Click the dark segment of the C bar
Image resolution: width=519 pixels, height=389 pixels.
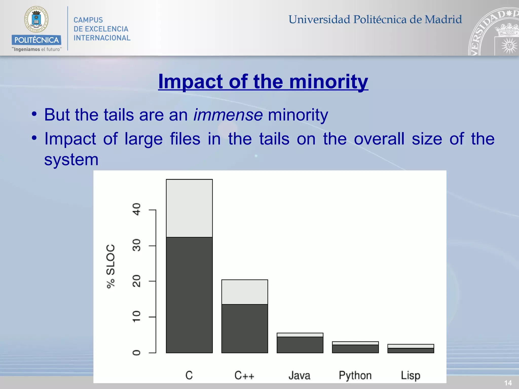click(189, 295)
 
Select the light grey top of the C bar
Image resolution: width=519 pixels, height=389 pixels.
click(189, 208)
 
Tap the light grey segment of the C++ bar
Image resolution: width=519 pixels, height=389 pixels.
click(245, 292)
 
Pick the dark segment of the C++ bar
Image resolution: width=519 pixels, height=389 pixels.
click(245, 328)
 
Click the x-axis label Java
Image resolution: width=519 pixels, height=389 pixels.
click(300, 375)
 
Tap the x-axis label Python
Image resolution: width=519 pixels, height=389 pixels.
click(355, 375)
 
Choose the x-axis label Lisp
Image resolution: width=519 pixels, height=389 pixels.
click(411, 375)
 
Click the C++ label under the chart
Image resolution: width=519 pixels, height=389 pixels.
click(244, 375)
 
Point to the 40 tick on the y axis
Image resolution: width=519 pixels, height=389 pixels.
click(137, 209)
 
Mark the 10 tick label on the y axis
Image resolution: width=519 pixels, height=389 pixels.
click(137, 317)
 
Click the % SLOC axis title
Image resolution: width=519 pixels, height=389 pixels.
click(111, 266)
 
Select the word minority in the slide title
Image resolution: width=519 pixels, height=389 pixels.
click(329, 82)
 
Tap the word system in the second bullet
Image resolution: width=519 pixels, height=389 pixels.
click(71, 160)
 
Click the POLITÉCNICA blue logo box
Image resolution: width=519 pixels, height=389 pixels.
click(36, 40)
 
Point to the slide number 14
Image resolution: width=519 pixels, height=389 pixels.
click(508, 383)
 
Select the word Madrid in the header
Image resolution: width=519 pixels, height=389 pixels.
click(443, 20)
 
